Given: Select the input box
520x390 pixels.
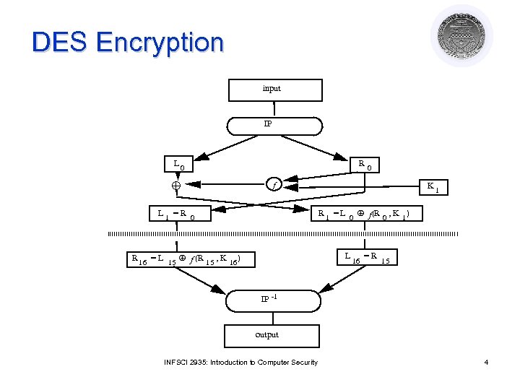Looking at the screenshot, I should (274, 89).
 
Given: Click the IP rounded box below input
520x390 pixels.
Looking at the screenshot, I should (274, 125).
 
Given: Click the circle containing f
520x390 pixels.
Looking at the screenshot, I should (274, 185).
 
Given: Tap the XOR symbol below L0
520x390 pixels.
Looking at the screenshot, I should (175, 186).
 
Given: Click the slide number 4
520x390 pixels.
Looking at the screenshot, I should (486, 362).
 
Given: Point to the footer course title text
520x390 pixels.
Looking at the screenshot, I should (240, 362).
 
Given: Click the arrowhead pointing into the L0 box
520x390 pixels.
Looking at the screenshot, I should (207, 157).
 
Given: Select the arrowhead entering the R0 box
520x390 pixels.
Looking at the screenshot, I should (341, 157).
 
